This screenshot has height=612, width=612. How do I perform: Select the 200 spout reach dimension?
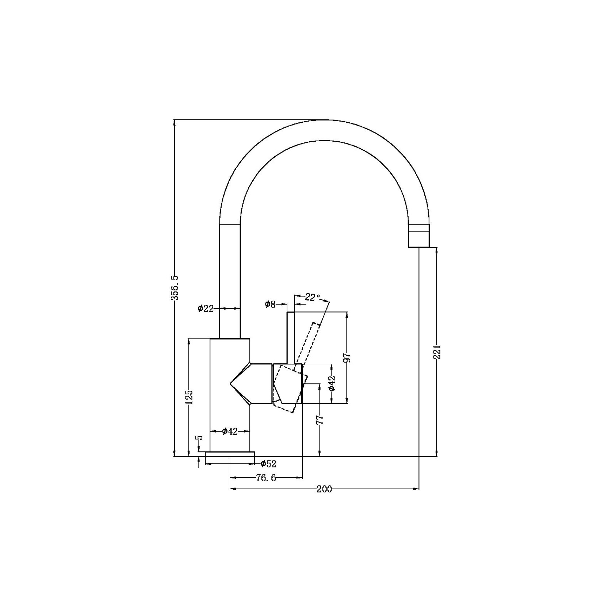pyautogui.click(x=324, y=489)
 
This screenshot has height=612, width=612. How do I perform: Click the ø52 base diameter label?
pyautogui.click(x=268, y=464)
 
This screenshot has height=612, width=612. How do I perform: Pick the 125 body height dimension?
pyautogui.click(x=189, y=397)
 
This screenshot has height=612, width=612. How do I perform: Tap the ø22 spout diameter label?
pyautogui.click(x=206, y=309)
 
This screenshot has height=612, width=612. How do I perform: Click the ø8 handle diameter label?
pyautogui.click(x=270, y=304)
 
